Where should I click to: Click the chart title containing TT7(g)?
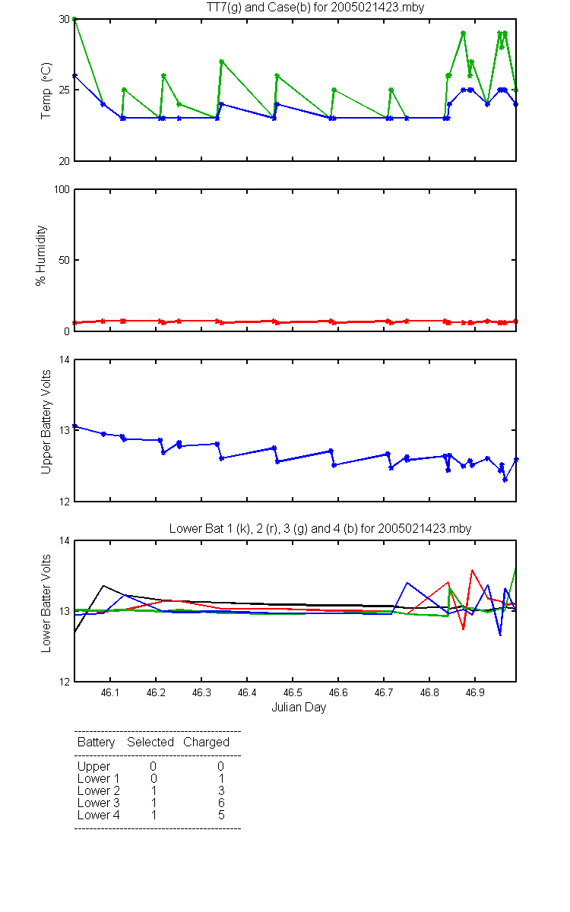click(x=315, y=8)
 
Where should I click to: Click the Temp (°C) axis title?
click(x=46, y=90)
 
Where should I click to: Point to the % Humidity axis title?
click(x=41, y=255)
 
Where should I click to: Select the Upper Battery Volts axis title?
click(x=46, y=422)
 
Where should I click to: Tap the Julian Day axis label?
click(x=299, y=708)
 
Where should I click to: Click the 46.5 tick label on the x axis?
click(x=293, y=692)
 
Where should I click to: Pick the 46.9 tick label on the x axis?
click(x=475, y=692)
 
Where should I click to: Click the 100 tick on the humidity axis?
click(x=62, y=189)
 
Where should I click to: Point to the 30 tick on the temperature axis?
click(x=65, y=19)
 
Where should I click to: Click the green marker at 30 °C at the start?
click(x=74, y=19)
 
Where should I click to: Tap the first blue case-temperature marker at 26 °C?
click(x=74, y=76)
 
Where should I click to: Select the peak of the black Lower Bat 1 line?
click(x=103, y=585)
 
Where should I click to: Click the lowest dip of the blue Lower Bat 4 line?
click(x=500, y=635)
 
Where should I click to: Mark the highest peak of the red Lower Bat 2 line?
click(x=472, y=570)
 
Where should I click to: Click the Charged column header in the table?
click(x=206, y=743)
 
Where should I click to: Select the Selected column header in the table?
click(x=150, y=742)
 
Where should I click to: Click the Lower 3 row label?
click(x=99, y=803)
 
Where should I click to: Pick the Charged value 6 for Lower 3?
click(x=221, y=803)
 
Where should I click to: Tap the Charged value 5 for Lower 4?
click(x=221, y=815)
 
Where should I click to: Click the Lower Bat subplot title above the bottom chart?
click(x=321, y=528)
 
